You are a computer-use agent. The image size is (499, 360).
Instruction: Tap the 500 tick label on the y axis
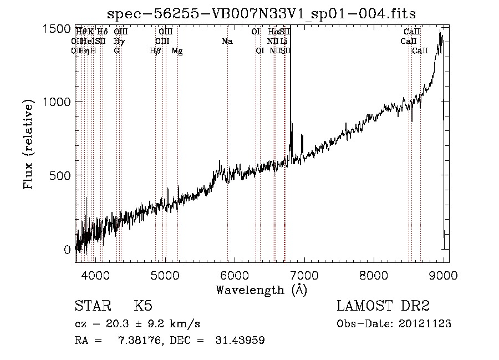tap(63, 175)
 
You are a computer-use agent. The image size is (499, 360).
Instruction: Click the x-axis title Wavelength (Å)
tap(261, 290)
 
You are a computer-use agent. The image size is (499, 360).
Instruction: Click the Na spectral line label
tap(227, 42)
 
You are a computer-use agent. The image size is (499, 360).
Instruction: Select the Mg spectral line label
tap(177, 51)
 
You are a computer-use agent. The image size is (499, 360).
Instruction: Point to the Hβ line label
tap(155, 51)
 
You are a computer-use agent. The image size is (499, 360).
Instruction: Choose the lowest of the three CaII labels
tap(420, 51)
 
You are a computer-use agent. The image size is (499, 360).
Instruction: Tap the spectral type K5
tap(143, 306)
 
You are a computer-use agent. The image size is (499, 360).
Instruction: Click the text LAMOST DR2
tap(383, 306)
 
